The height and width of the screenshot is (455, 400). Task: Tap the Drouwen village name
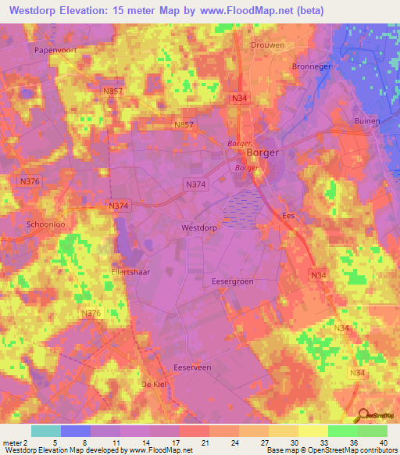pyautogui.click(x=268, y=45)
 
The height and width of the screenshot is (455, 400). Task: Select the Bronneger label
pyautogui.click(x=312, y=66)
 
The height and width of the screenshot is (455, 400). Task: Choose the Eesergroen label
pyautogui.click(x=232, y=279)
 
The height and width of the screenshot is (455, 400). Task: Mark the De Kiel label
pyautogui.click(x=155, y=385)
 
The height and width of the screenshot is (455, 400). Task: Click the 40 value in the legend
pyautogui.click(x=383, y=442)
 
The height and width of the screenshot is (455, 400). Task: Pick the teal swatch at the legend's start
pyautogui.click(x=46, y=431)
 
